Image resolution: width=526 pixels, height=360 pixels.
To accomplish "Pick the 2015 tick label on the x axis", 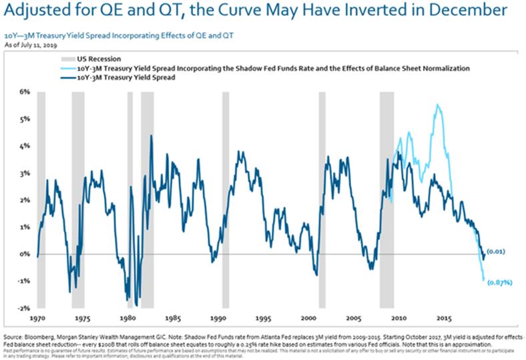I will tap(443, 319).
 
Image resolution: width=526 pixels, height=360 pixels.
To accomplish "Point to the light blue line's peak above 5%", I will tap(437, 105).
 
